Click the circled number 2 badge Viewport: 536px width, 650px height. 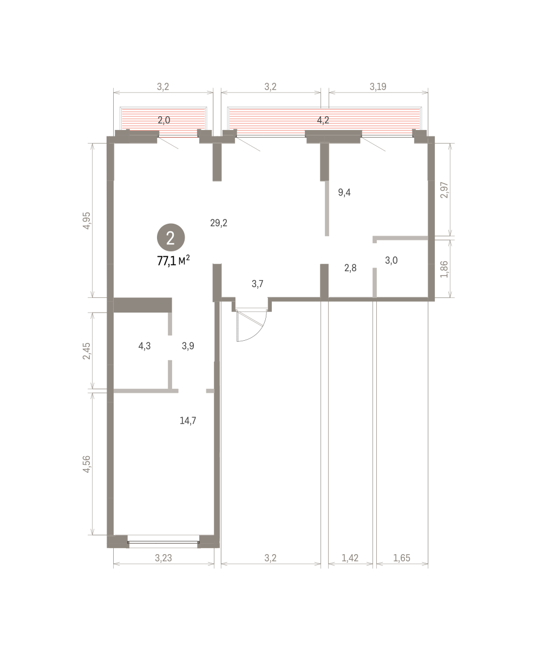coord(171,237)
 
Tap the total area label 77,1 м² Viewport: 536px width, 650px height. coord(173,261)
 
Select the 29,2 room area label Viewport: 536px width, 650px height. coord(219,223)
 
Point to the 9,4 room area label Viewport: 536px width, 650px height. coord(344,192)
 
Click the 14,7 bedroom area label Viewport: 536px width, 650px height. coord(188,420)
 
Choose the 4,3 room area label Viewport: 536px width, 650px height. coord(145,346)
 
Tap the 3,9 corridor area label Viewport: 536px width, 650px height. coord(188,346)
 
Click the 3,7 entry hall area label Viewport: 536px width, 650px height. coord(257,284)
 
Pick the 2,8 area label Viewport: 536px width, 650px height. coord(350,268)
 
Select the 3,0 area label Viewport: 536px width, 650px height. coord(391,260)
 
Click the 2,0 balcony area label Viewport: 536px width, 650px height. coord(164,120)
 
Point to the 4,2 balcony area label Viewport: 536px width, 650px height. coord(323,120)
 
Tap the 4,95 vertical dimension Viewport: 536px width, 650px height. coord(87,220)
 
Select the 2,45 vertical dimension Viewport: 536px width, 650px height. coord(87,351)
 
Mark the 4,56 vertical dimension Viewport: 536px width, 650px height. coord(87,464)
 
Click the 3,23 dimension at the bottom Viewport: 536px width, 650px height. coord(164,557)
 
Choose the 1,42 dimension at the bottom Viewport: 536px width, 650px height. coord(350,557)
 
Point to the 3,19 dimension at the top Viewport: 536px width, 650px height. coord(378,87)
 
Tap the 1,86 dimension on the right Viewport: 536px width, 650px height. coord(445,269)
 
